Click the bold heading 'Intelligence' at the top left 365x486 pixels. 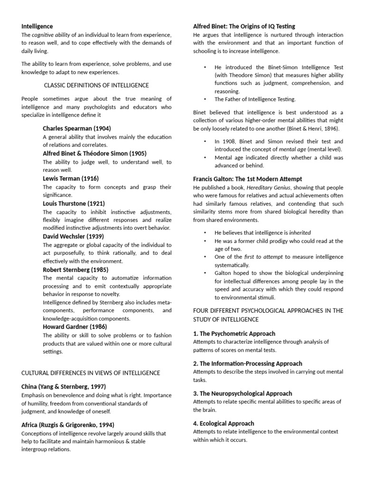click(x=37, y=26)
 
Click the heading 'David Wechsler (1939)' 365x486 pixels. click(x=73, y=236)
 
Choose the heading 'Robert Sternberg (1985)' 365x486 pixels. click(x=76, y=270)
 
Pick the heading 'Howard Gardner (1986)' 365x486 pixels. click(x=75, y=327)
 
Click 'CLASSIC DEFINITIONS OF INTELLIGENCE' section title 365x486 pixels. click(x=96, y=85)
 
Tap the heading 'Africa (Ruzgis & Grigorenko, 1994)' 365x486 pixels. click(x=67, y=425)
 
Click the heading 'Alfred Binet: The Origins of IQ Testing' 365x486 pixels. click(x=244, y=26)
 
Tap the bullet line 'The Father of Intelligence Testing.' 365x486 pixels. click(x=255, y=99)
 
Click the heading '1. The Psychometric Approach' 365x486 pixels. click(x=234, y=334)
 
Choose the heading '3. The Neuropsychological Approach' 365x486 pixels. click(x=242, y=393)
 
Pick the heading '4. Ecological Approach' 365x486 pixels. click(x=224, y=423)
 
